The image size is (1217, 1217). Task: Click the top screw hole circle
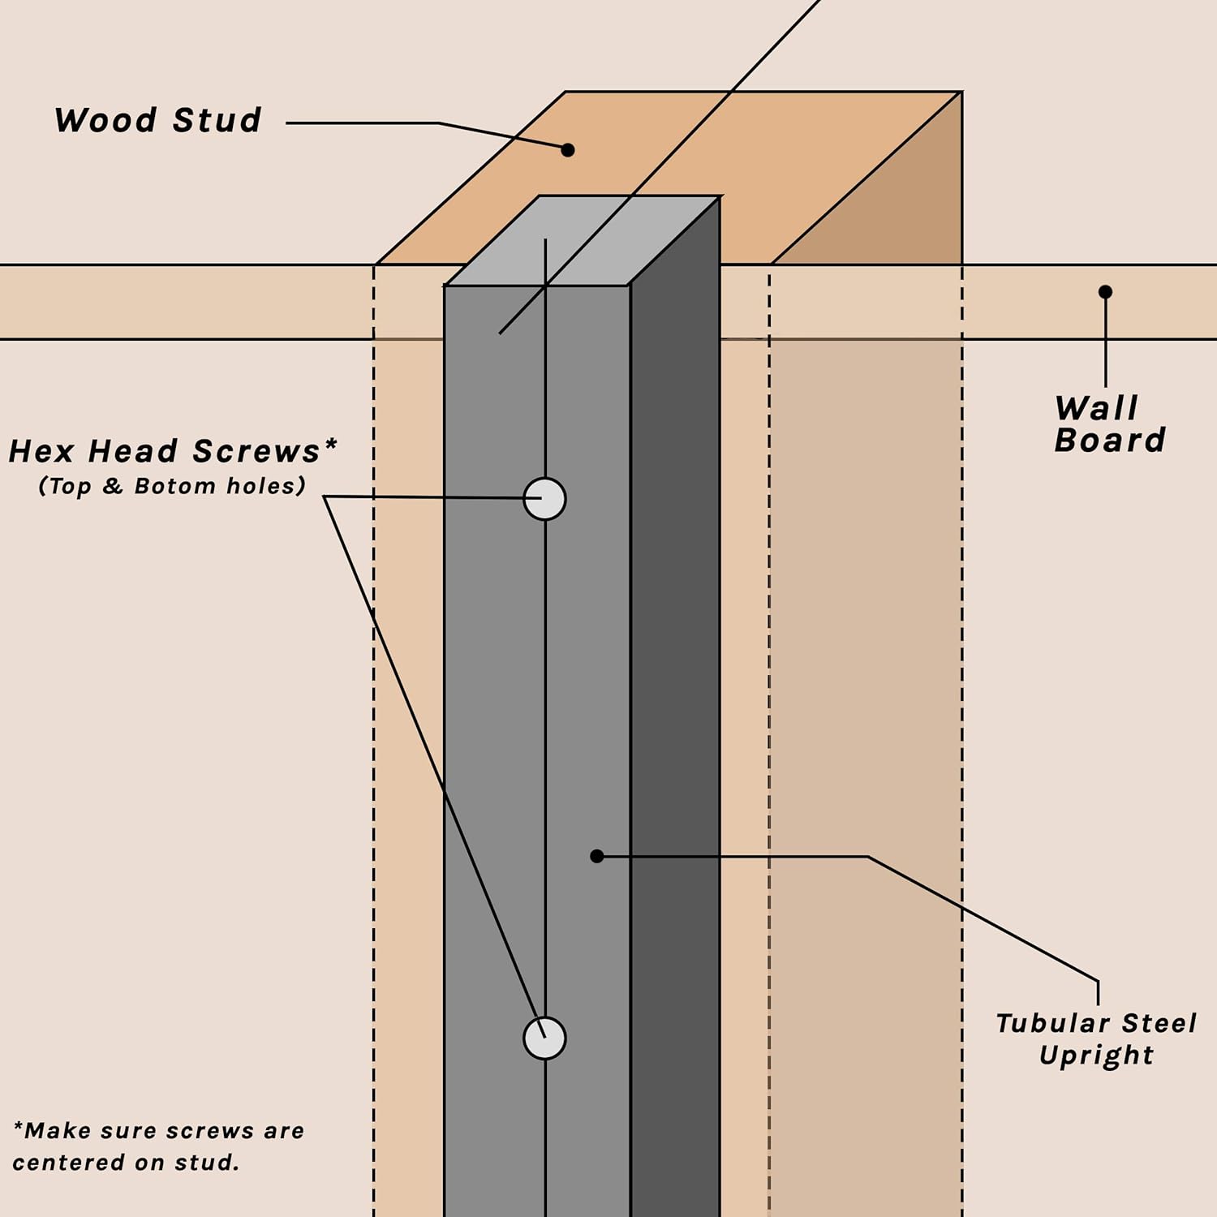click(544, 499)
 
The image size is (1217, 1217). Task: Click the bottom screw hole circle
click(544, 1039)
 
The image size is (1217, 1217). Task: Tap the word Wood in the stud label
click(105, 121)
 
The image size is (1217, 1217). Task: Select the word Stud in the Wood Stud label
click(217, 121)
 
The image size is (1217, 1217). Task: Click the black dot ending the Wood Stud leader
click(568, 150)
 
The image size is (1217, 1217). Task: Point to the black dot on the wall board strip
click(1105, 291)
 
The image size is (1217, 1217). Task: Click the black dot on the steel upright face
click(597, 856)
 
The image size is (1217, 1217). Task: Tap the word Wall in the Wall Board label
click(1097, 408)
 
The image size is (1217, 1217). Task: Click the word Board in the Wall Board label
click(1110, 441)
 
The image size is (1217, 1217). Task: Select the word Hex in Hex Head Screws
click(41, 452)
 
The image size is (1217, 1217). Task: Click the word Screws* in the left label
click(265, 451)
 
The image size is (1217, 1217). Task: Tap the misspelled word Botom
click(175, 486)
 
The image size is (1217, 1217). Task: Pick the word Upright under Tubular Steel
click(1096, 1056)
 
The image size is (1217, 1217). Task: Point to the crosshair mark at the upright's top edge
click(545, 286)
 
